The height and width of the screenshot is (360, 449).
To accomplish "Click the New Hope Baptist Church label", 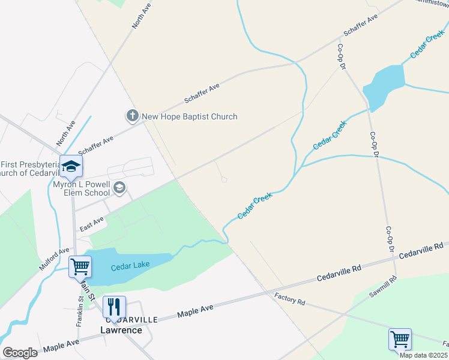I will point(189,116).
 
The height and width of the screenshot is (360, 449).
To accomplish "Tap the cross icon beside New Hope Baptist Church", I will point(133,116).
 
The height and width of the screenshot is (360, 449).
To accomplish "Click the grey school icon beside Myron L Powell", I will point(120,188).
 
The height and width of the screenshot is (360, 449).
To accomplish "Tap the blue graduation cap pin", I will point(71,167).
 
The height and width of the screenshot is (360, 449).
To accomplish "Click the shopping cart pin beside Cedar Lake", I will point(80,266).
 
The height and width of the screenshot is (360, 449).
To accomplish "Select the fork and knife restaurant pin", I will point(113,307).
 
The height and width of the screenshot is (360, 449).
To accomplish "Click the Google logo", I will point(20,353).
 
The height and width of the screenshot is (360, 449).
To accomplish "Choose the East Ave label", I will point(92,224).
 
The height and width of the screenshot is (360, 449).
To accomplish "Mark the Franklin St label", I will point(79,313).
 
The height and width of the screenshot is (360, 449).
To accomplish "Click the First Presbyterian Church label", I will point(31,169).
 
